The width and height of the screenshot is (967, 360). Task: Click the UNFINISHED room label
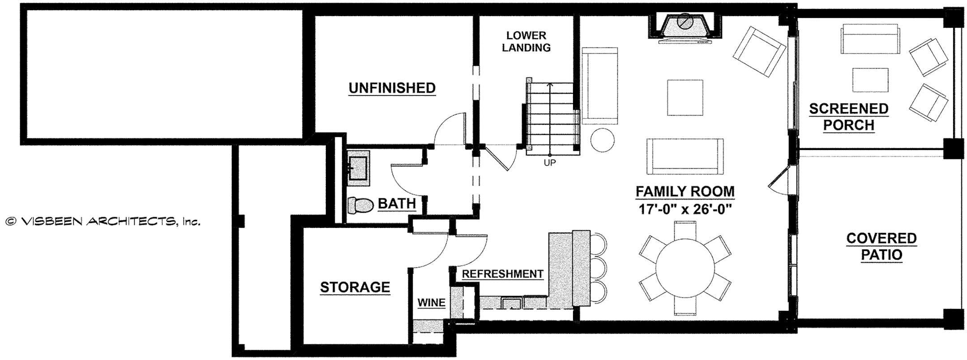(x=392, y=88)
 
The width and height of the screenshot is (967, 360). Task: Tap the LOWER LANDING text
(x=526, y=41)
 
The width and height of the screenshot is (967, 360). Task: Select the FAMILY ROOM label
(x=685, y=191)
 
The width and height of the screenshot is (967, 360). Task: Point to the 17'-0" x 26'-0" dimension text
(x=685, y=209)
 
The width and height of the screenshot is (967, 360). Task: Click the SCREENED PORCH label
(x=848, y=116)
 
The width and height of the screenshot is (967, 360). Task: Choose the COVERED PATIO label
(x=881, y=246)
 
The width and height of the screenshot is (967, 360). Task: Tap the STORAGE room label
(x=355, y=287)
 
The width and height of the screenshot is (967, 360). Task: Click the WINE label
(x=431, y=303)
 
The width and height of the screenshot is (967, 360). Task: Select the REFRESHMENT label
(x=502, y=274)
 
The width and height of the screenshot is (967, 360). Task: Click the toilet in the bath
(x=360, y=206)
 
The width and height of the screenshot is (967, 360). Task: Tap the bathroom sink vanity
(x=359, y=168)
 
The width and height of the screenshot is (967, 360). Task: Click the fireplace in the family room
(x=685, y=26)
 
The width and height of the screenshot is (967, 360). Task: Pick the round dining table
(x=685, y=267)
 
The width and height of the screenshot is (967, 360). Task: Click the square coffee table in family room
(x=685, y=97)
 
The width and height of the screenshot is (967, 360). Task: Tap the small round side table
(x=603, y=141)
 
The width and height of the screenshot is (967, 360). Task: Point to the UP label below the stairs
(x=550, y=163)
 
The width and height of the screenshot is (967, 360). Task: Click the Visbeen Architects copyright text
(x=103, y=221)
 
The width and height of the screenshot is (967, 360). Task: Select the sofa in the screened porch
(x=869, y=39)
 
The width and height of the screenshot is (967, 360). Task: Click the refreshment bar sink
(x=511, y=304)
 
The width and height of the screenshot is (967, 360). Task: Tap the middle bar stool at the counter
(x=598, y=267)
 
